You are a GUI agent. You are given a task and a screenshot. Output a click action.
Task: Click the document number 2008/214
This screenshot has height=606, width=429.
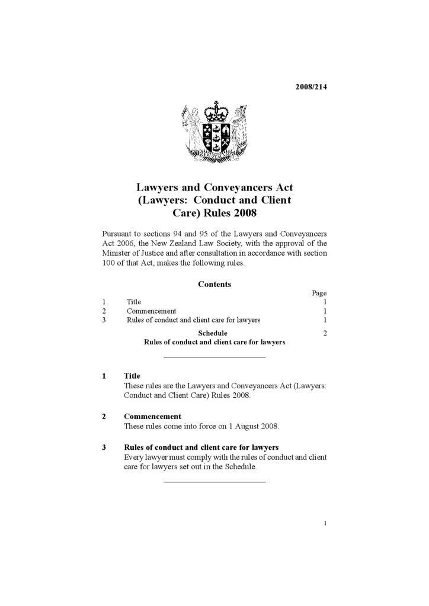(x=311, y=87)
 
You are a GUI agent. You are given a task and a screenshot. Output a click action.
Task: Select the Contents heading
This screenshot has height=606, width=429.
(x=214, y=284)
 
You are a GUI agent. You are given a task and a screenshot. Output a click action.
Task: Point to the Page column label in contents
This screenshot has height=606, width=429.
(x=319, y=293)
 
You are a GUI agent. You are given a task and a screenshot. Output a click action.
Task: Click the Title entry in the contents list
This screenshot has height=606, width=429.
(x=134, y=302)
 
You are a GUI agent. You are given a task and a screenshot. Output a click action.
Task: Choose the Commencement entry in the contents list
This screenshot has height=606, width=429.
(x=151, y=311)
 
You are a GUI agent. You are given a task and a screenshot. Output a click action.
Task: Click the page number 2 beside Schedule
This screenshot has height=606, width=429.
(x=325, y=333)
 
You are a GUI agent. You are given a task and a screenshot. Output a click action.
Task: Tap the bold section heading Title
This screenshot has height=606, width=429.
(x=132, y=376)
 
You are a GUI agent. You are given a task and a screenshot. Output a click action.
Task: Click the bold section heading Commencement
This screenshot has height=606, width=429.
(x=152, y=416)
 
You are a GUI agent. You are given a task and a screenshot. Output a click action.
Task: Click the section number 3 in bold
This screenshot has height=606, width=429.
(x=104, y=447)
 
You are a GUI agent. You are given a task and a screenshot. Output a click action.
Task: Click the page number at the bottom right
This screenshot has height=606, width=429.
(x=325, y=523)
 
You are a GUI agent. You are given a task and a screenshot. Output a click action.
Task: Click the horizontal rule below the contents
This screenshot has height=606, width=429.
(x=214, y=357)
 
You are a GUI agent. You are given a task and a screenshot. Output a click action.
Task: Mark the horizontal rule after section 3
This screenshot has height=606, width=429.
(x=214, y=482)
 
